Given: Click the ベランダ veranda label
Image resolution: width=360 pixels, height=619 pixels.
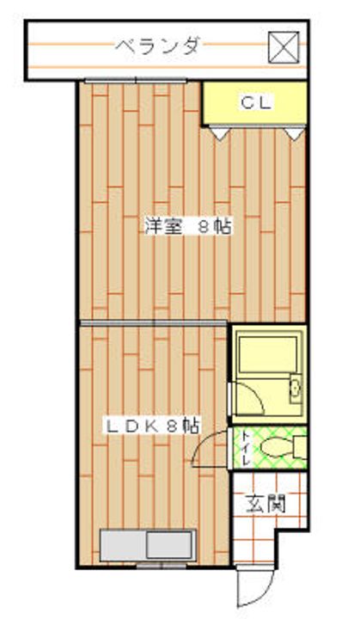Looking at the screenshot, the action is pos(157,46).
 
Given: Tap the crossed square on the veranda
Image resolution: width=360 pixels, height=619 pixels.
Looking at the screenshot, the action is pos(284,47).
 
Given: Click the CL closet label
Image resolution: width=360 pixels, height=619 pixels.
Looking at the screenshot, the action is pos(256,103).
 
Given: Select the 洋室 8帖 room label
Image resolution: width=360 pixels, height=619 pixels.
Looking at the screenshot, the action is pos(188,227).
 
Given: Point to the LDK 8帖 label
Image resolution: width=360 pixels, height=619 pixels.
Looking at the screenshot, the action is pos(152,426).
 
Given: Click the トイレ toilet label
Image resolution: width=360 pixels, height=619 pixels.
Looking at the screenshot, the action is pos(246,449).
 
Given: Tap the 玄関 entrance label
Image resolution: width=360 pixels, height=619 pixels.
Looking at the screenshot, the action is pos(266,504).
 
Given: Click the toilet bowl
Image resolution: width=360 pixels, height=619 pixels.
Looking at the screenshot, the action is pos(278,448).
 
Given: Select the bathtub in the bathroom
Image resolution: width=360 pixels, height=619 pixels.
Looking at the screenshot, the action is pos(268,354).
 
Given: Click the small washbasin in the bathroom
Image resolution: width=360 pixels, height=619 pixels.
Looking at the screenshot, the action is pos(295,389).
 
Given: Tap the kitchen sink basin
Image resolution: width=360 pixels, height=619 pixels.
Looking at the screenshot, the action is pos(170,545).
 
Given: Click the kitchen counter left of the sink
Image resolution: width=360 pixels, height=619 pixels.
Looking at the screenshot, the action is pos(123,545).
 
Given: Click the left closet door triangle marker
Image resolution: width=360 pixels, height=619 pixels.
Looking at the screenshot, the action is pos(220,133).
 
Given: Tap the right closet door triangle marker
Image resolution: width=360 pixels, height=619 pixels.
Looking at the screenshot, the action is pos(294,133).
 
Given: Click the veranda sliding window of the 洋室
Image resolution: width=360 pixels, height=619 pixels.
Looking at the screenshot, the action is pos(136,81).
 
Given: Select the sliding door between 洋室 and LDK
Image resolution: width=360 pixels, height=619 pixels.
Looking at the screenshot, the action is pos(154,323).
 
